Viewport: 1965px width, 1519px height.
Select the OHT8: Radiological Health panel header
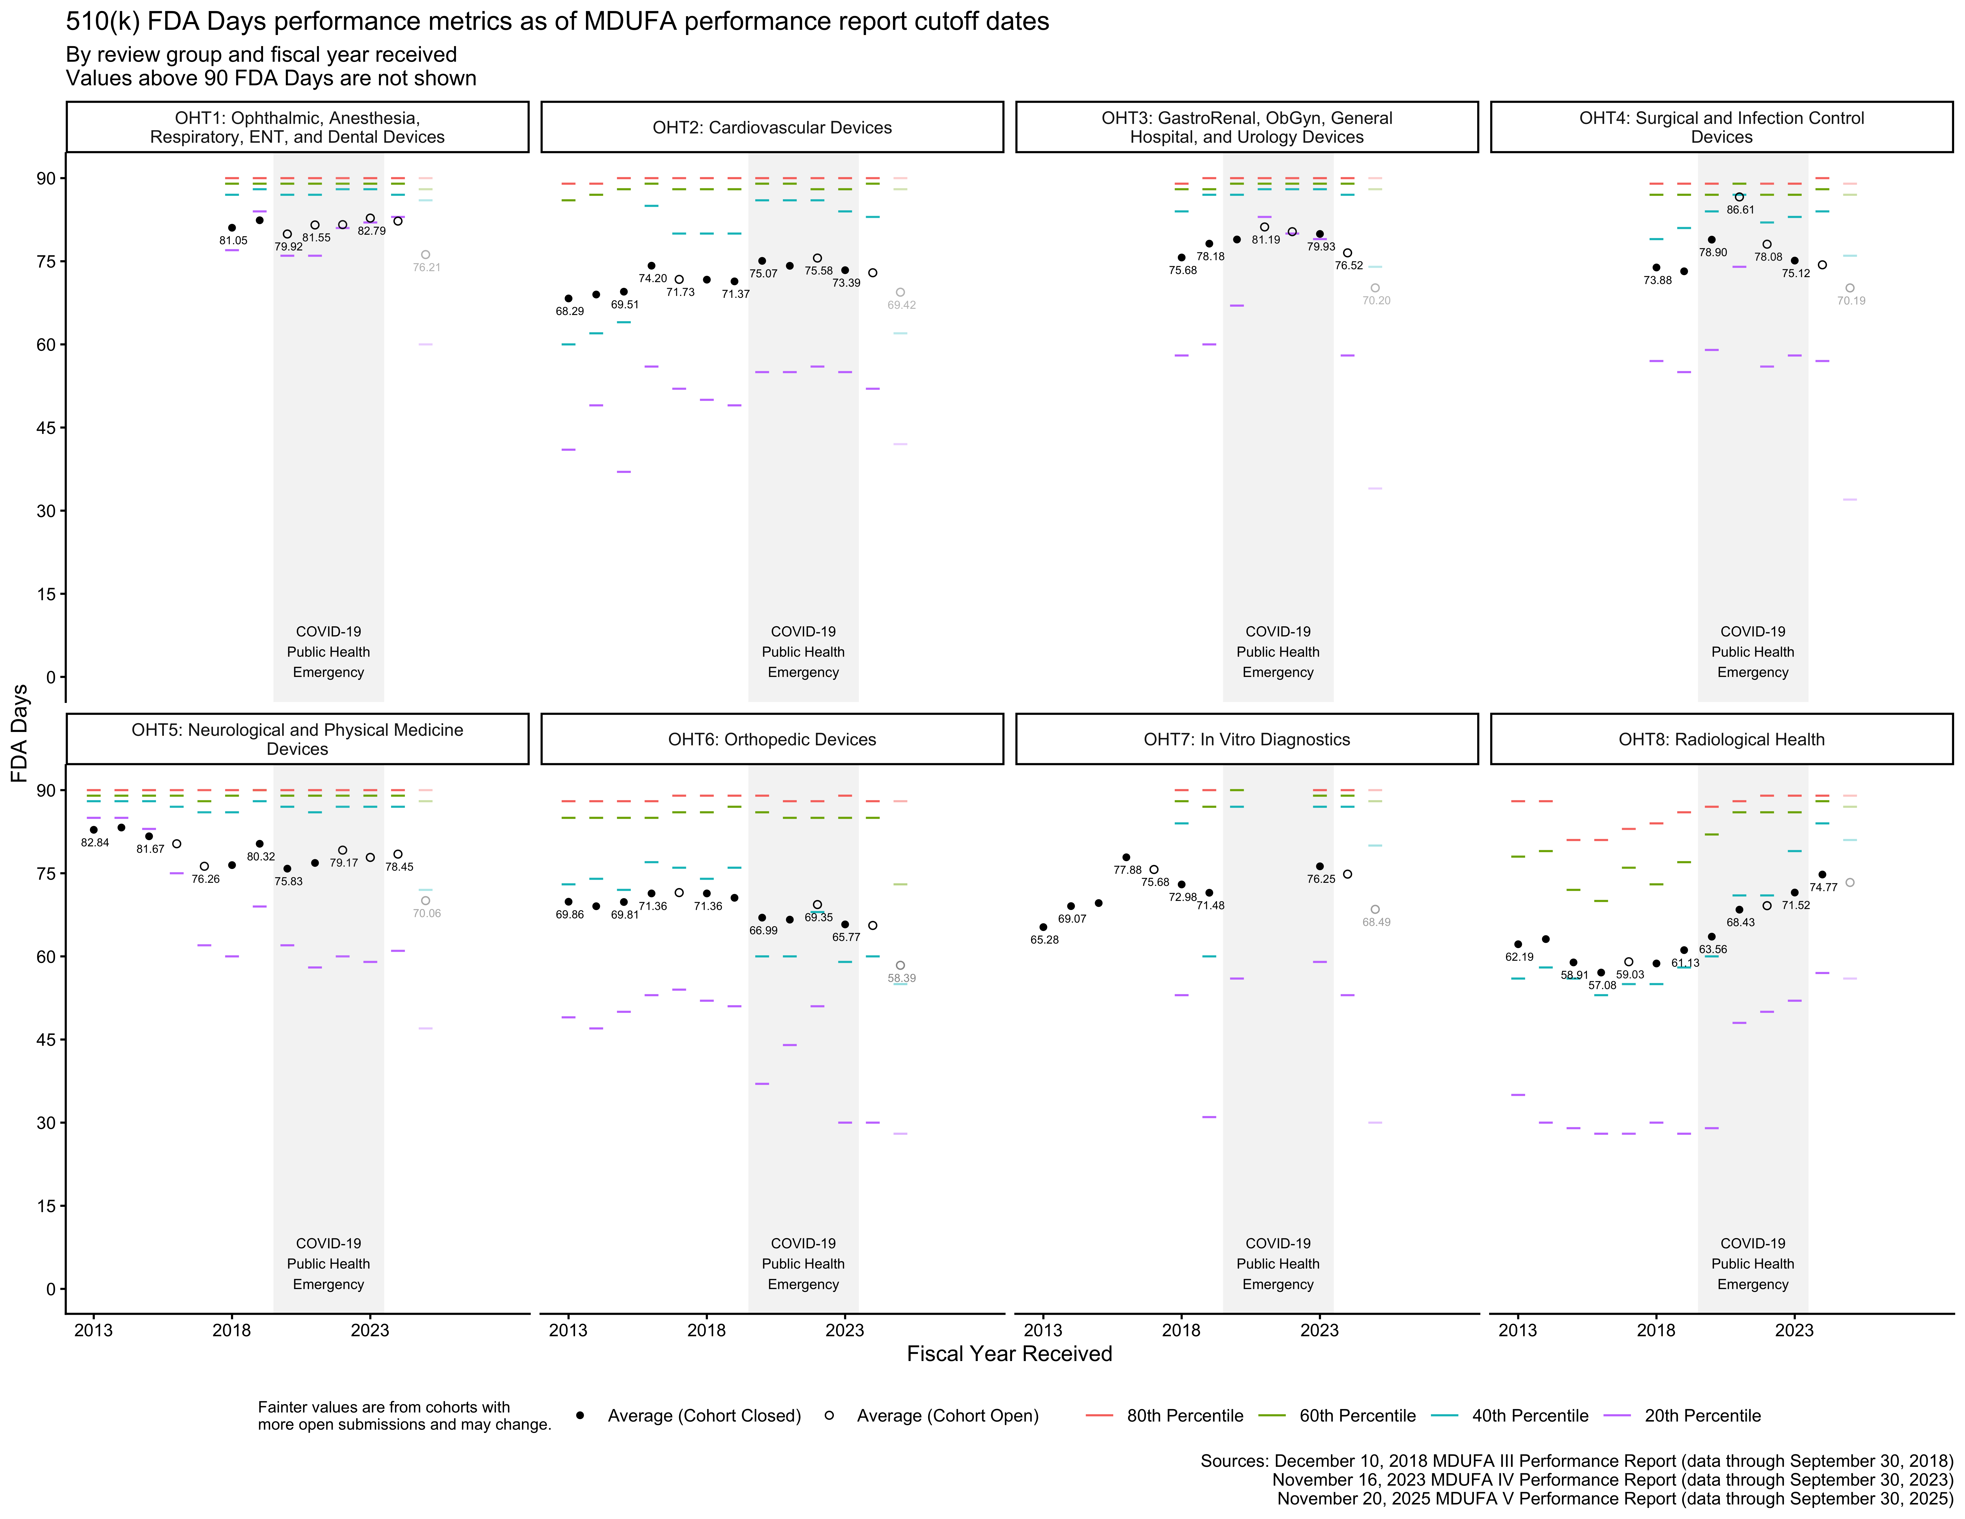pos(1721,740)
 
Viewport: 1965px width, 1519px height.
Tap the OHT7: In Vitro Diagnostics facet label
pos(1246,740)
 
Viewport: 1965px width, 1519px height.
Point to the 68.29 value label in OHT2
pos(569,311)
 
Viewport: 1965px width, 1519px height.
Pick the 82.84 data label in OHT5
pos(95,842)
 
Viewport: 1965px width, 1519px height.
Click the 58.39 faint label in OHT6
pos(902,978)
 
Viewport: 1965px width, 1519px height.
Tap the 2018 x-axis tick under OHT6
pos(706,1330)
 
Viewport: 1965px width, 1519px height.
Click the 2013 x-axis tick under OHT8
pos(1518,1330)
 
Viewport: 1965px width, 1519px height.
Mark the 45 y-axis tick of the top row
pos(45,427)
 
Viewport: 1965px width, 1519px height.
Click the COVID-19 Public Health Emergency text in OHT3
pos(1278,651)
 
